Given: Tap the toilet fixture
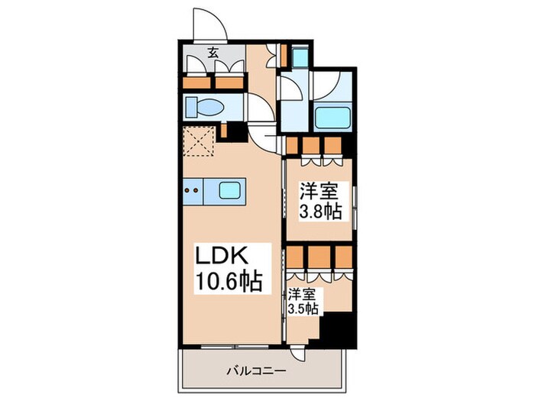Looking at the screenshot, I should pos(206,107).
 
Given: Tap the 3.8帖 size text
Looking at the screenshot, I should pos(321,212).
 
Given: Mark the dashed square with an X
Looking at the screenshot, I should pos(198,141).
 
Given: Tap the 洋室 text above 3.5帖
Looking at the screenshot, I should pos(303,293).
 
